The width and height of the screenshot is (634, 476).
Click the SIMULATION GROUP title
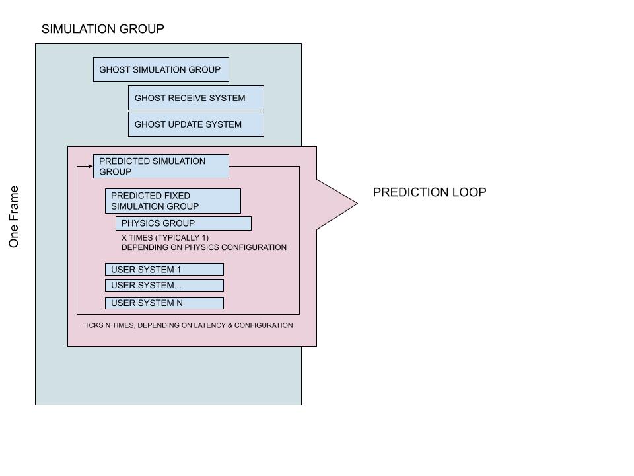pos(102,29)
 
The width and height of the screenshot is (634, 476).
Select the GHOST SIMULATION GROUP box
pos(160,69)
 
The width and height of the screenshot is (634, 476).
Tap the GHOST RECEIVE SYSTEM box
pos(195,98)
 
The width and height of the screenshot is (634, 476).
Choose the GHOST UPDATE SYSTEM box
pos(195,124)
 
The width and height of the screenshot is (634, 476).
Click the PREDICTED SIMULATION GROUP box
pos(160,167)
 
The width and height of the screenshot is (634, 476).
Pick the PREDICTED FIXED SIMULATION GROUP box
pos(172,201)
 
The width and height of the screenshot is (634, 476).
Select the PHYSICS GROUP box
pos(183,223)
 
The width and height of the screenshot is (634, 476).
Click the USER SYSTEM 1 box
pos(164,270)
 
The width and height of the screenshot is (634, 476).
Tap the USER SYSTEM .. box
pos(164,286)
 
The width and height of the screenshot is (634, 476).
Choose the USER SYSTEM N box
pos(164,303)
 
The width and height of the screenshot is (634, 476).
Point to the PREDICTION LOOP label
pos(429,192)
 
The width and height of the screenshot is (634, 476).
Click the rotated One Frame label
pos(14,217)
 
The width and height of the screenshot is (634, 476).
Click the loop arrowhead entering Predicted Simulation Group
pos(90,167)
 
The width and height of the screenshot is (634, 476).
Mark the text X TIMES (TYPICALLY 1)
pos(165,237)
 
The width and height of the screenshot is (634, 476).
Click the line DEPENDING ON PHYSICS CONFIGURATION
pos(203,247)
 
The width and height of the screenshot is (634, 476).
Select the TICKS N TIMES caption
pos(188,325)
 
